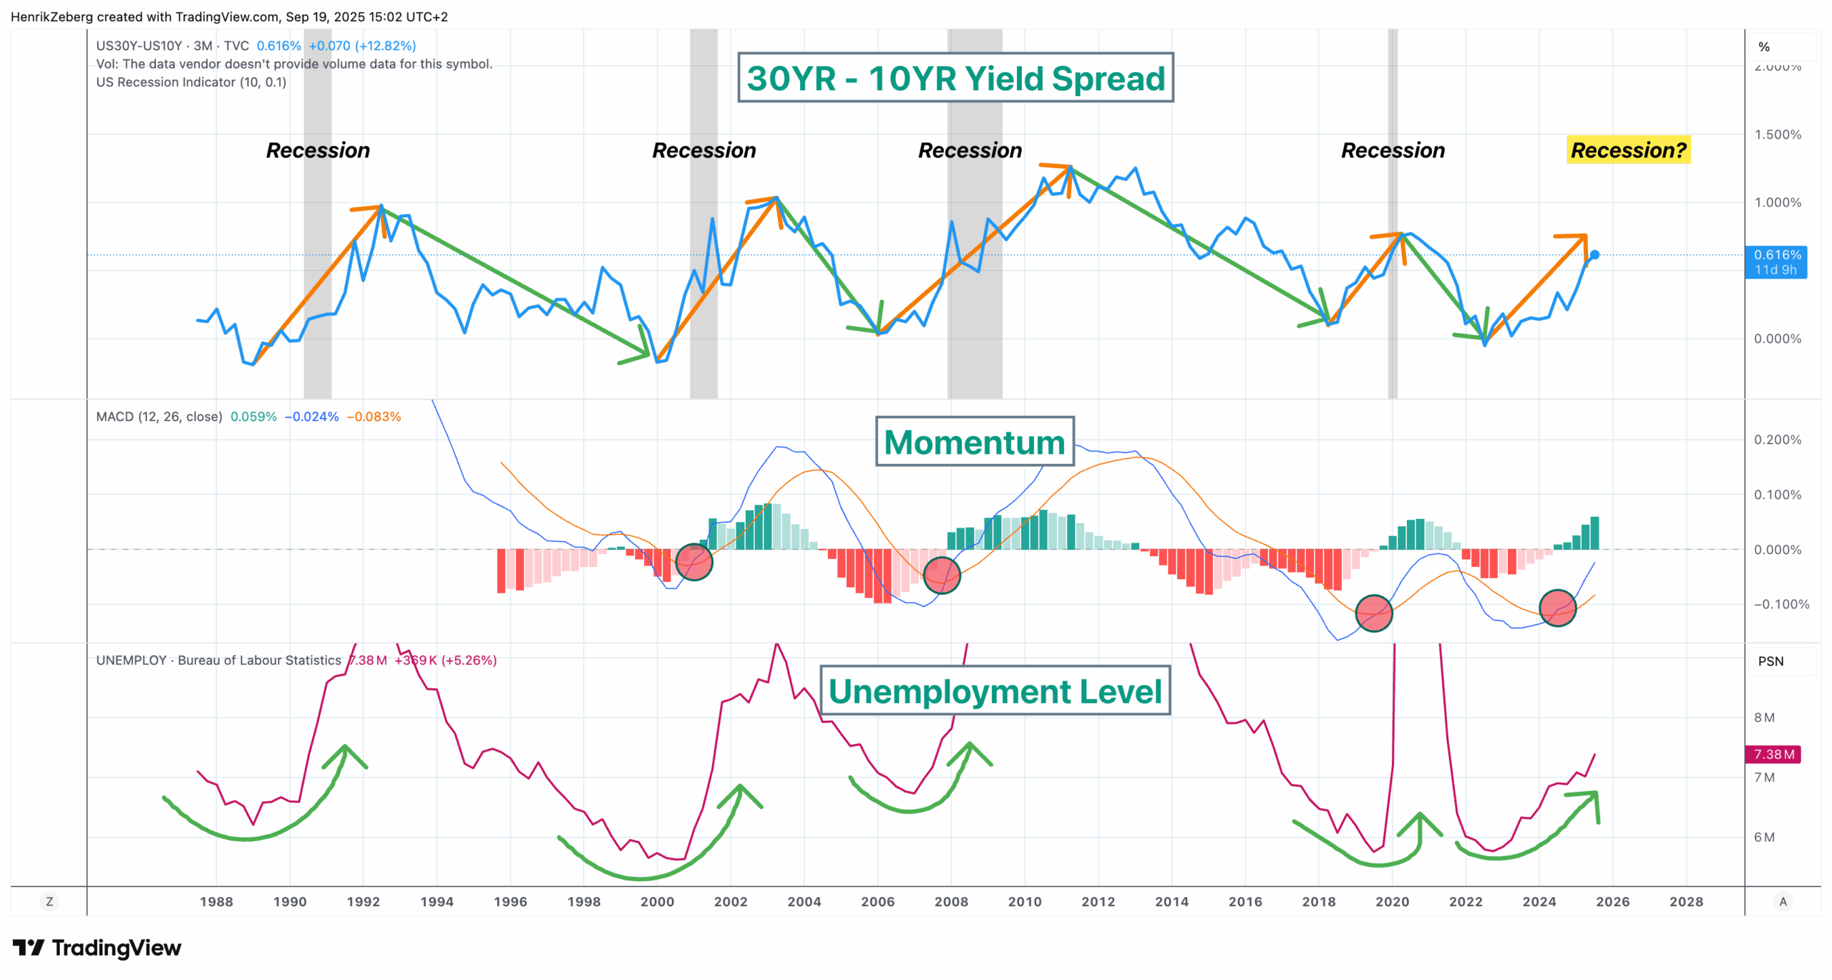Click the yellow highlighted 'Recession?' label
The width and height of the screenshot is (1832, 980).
(1628, 150)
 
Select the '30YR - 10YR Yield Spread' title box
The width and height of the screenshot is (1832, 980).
(955, 78)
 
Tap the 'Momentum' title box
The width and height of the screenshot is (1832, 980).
(975, 442)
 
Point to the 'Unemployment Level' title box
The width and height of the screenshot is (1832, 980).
(995, 691)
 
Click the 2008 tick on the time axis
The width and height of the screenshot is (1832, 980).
(951, 901)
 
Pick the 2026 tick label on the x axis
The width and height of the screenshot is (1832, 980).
(1612, 901)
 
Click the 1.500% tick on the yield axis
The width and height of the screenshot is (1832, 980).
(1777, 135)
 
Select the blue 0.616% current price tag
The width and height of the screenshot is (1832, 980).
(1776, 262)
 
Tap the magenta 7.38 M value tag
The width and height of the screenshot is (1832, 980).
(1773, 754)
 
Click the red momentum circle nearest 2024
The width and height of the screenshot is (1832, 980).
(1557, 608)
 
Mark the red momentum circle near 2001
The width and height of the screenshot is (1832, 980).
(693, 562)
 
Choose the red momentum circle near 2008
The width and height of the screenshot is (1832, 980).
(941, 576)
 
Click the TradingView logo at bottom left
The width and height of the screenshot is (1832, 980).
(97, 948)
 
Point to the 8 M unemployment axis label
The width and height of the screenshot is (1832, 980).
(1764, 717)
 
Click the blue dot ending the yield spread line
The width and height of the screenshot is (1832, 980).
(1594, 255)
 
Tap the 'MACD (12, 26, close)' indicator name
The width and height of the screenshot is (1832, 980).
(159, 417)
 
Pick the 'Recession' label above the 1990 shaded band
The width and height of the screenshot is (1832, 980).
(318, 150)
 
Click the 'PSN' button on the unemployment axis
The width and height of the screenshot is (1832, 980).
(1770, 661)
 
